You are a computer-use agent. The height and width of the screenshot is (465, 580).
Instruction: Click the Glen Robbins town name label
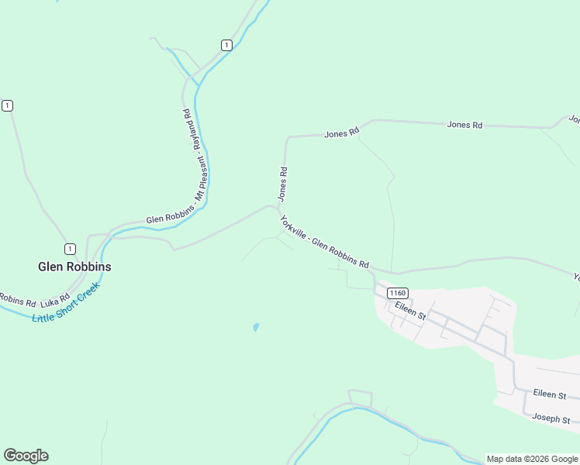point(74,267)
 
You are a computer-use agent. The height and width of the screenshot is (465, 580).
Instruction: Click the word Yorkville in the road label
point(294,228)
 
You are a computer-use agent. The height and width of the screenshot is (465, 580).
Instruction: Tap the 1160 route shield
point(397,293)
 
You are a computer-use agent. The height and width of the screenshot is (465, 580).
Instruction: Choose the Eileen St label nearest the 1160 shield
point(410,311)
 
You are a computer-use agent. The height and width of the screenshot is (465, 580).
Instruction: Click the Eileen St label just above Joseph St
point(550,395)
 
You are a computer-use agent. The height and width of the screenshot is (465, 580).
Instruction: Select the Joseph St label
point(551,418)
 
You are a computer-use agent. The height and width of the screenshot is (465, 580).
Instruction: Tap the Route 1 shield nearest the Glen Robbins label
point(71,249)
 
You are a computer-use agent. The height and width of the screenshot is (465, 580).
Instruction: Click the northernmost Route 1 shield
point(226,45)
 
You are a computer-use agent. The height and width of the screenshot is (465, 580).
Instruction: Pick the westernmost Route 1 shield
point(7,105)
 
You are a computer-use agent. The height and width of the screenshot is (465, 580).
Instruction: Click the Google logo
point(26,456)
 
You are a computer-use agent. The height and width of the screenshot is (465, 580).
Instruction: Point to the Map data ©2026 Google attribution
point(532,459)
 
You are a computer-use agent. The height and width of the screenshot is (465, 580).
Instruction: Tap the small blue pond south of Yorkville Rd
point(255,327)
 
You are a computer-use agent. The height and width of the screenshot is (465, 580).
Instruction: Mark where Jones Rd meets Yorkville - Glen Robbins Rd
point(278,207)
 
